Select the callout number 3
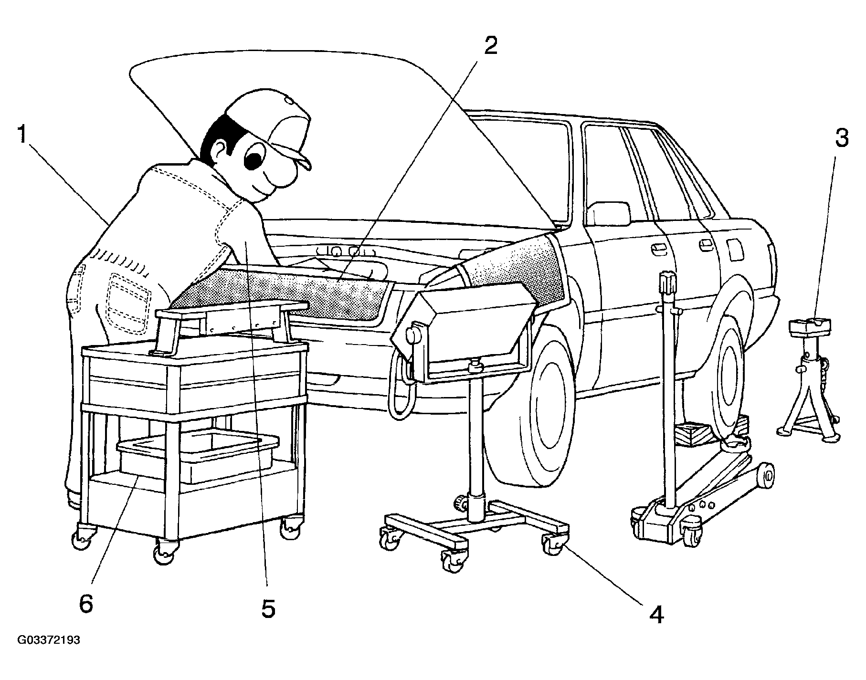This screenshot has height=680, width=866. [x=841, y=138]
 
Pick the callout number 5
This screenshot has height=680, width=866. [x=268, y=608]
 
